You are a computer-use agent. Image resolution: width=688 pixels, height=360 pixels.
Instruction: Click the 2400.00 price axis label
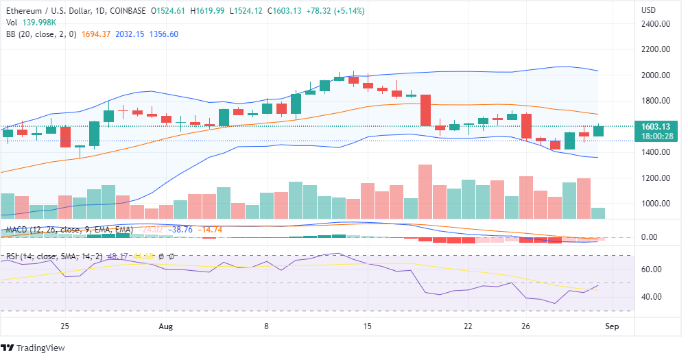(x=656, y=24)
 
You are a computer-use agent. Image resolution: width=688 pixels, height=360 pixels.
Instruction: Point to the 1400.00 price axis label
(x=656, y=152)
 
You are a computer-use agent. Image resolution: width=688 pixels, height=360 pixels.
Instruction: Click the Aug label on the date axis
(x=165, y=326)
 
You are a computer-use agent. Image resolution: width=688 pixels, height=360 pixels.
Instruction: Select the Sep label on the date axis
(x=612, y=326)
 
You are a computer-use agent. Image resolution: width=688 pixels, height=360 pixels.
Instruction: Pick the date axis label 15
(x=368, y=326)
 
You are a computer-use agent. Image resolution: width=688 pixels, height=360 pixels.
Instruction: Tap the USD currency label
(x=648, y=10)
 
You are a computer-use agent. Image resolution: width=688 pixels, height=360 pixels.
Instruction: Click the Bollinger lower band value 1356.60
(x=164, y=34)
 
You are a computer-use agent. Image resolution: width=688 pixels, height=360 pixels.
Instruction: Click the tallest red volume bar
(x=425, y=191)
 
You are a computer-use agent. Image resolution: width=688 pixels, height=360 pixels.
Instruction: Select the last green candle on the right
(x=598, y=130)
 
